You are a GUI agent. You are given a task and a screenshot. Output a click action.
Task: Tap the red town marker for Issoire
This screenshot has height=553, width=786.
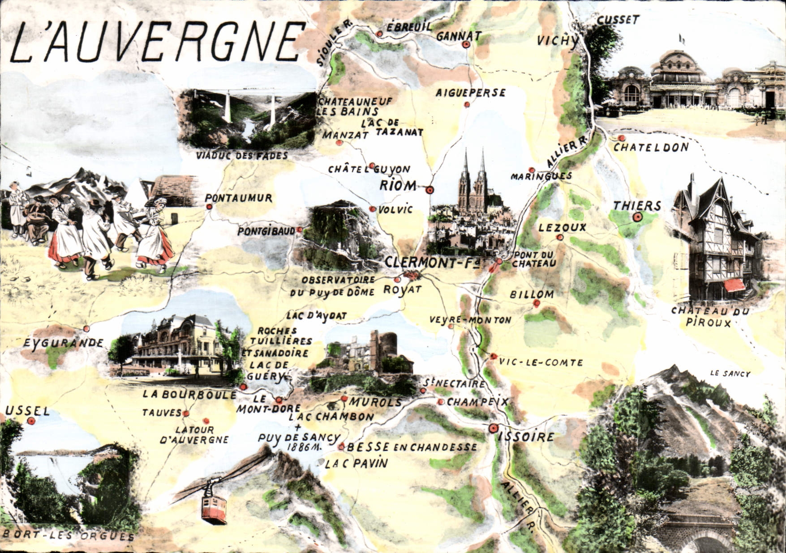point(494,428)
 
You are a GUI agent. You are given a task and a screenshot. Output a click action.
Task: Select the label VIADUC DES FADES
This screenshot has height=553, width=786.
point(242,156)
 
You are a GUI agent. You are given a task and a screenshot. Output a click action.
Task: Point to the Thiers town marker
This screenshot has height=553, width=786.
point(638,217)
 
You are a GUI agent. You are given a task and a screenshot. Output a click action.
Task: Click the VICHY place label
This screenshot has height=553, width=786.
point(558,41)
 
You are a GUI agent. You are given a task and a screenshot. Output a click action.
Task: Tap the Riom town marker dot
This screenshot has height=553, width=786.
point(430,190)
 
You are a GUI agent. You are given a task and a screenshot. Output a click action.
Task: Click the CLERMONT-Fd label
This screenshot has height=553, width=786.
point(432,262)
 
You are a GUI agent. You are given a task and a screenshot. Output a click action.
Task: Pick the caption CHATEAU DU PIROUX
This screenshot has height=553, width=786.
point(710,317)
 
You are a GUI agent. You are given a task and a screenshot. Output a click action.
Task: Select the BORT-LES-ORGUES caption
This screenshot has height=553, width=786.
point(68,536)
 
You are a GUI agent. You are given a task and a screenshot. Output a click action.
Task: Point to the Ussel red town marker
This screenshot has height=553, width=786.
point(31,421)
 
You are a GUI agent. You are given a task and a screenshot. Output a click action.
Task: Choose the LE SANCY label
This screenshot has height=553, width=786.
point(730,374)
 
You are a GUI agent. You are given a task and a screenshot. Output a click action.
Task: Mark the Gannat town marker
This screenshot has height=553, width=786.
point(466,44)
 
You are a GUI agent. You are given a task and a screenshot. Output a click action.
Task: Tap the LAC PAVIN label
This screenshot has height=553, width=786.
point(356,463)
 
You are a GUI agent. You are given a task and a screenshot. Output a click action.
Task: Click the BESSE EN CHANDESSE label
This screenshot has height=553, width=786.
point(412,447)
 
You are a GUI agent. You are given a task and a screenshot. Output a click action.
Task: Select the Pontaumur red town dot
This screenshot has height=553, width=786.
point(209,207)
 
